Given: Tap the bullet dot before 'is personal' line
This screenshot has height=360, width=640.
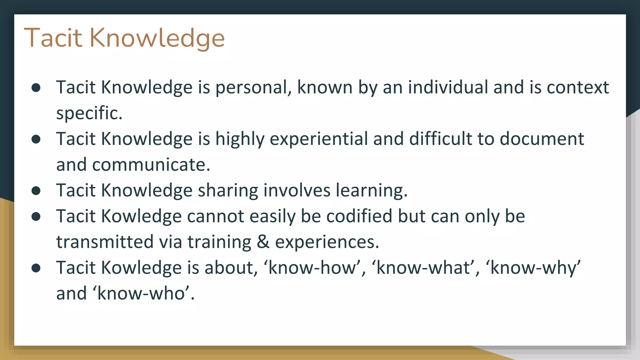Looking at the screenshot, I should (x=36, y=87).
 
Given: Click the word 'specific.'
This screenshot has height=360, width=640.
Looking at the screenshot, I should (x=89, y=113).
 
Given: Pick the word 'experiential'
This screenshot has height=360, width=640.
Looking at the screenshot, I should (x=319, y=139).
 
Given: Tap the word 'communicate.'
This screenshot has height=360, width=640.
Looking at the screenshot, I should (x=151, y=165).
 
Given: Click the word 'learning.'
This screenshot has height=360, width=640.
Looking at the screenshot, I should (x=372, y=191).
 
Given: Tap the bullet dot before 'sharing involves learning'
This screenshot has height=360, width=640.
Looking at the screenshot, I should (x=36, y=191).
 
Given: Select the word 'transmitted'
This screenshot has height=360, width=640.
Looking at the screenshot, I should (x=105, y=242).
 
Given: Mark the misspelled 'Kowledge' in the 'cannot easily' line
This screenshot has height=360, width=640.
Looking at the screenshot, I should (x=141, y=216).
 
